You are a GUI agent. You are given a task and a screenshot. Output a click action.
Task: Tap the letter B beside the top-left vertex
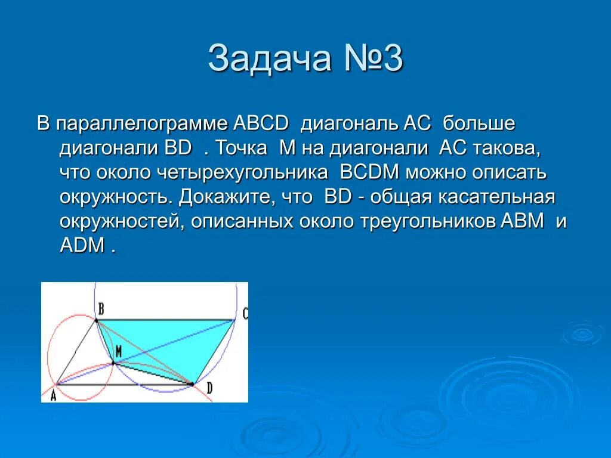(101, 308)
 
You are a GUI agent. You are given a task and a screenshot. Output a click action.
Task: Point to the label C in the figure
(245, 314)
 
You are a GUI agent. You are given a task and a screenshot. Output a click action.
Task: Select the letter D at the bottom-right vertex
(209, 388)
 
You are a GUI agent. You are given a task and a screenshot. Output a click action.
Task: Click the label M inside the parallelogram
(118, 352)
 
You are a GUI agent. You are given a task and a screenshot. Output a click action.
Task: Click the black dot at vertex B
(97, 320)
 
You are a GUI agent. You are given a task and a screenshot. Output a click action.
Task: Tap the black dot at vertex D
(193, 385)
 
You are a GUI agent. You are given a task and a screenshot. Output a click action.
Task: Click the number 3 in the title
(393, 59)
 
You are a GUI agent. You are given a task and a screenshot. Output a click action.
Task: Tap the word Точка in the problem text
(241, 148)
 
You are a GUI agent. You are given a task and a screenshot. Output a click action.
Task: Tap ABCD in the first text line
(261, 124)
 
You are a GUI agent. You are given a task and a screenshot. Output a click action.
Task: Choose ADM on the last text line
(82, 246)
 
